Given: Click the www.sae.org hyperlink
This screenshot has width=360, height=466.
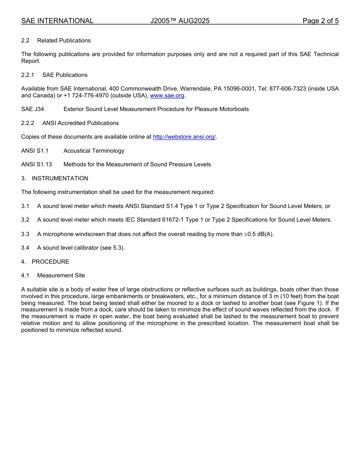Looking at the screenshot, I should (167, 95).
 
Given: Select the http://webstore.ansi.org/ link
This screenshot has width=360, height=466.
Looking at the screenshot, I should (184, 137).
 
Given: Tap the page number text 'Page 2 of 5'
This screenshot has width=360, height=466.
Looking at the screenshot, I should (320, 21).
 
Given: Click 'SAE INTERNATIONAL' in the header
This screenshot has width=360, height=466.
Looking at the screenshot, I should (57, 21).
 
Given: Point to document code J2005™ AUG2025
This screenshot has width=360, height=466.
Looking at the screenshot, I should (180, 21).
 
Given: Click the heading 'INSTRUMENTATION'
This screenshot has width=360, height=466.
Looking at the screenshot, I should (60, 178).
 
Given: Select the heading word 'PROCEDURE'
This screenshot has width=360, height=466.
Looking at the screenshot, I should (50, 262).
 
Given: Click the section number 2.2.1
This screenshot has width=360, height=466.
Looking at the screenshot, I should (28, 75).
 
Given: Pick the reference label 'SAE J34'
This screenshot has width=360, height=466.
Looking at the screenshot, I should (33, 109).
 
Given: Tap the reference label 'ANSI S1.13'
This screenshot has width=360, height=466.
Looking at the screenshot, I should (36, 164).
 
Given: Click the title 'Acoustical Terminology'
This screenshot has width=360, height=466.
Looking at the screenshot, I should (94, 151).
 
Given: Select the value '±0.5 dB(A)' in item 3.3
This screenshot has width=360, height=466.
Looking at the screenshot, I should (258, 234).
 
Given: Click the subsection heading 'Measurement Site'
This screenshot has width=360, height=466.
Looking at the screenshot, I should (61, 275).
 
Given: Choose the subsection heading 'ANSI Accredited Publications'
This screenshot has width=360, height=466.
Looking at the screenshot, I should (80, 123).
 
